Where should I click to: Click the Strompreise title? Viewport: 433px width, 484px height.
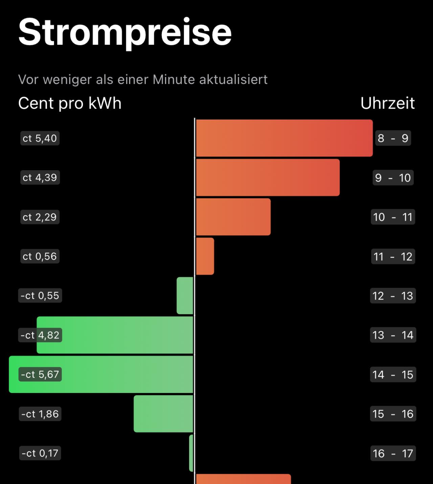[x=125, y=32]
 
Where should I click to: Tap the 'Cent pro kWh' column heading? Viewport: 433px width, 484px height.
[x=70, y=103]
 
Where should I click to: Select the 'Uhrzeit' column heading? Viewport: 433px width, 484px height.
[x=387, y=103]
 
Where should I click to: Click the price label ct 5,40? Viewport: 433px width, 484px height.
[x=40, y=138]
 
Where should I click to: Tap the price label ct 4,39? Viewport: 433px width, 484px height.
[x=40, y=177]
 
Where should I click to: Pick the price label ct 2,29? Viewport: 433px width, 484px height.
[x=40, y=217]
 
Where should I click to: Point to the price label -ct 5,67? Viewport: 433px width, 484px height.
[x=40, y=374]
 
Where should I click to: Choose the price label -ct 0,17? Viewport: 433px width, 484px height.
[x=40, y=453]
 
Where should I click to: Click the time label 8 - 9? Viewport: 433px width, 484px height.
[x=393, y=138]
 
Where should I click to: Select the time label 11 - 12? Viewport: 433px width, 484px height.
[x=393, y=257]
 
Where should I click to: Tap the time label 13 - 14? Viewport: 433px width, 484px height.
[x=393, y=335]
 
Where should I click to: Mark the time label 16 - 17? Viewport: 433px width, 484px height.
[x=393, y=453]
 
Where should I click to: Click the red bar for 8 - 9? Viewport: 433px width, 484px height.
[x=284, y=138]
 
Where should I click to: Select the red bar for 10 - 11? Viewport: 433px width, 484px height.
[x=233, y=217]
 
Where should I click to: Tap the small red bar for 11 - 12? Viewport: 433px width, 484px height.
[x=205, y=256]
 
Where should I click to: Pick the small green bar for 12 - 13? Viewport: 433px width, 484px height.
[x=185, y=295]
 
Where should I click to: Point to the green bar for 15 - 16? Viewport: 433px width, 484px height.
[x=163, y=414]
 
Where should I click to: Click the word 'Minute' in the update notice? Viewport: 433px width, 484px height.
[x=174, y=80]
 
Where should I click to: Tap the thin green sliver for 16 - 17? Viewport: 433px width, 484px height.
[x=191, y=453]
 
